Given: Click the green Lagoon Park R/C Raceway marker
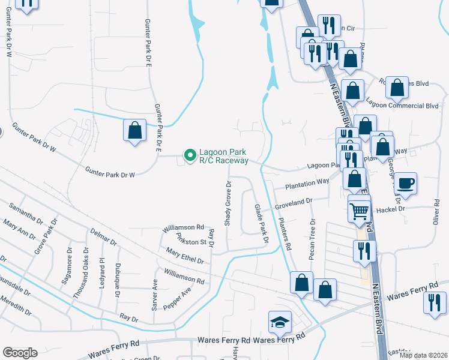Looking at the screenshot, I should pyautogui.click(x=190, y=156).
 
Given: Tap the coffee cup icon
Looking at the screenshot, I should pyautogui.click(x=406, y=183).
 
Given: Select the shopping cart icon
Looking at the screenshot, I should pyautogui.click(x=359, y=210).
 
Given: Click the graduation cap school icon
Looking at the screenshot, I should pyautogui.click(x=280, y=324).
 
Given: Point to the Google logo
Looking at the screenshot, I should pyautogui.click(x=20, y=353).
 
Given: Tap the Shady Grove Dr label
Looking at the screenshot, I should pyautogui.click(x=228, y=203).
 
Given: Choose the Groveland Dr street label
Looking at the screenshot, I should pyautogui.click(x=294, y=205).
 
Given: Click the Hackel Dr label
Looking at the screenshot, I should pyautogui.click(x=390, y=209).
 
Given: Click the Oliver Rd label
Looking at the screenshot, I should pyautogui.click(x=436, y=213).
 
